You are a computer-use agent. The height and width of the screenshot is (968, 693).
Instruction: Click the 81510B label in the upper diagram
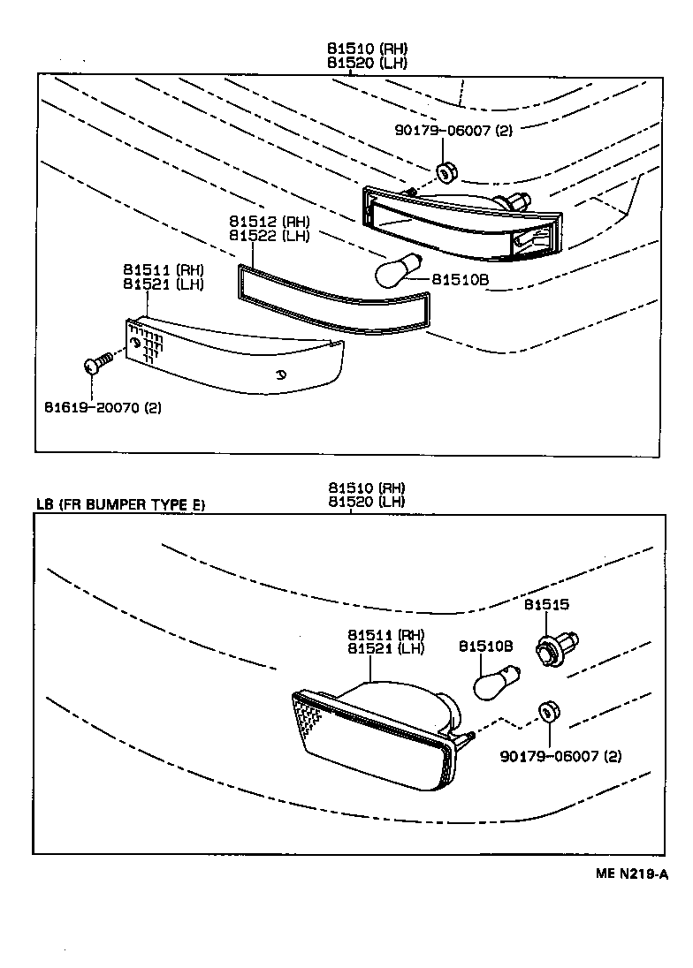461,280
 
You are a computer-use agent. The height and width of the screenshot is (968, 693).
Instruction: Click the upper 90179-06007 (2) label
453,131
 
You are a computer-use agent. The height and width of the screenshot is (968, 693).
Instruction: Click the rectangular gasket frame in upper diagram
336,300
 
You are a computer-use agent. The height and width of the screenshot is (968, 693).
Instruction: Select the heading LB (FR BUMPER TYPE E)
121,505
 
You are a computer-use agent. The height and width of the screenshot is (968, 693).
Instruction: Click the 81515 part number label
546,605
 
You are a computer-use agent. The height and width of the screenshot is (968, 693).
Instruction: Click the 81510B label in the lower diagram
485,647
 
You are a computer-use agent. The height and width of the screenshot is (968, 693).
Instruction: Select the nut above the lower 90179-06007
547,712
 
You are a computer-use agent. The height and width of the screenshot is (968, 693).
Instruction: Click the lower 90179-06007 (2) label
560,757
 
